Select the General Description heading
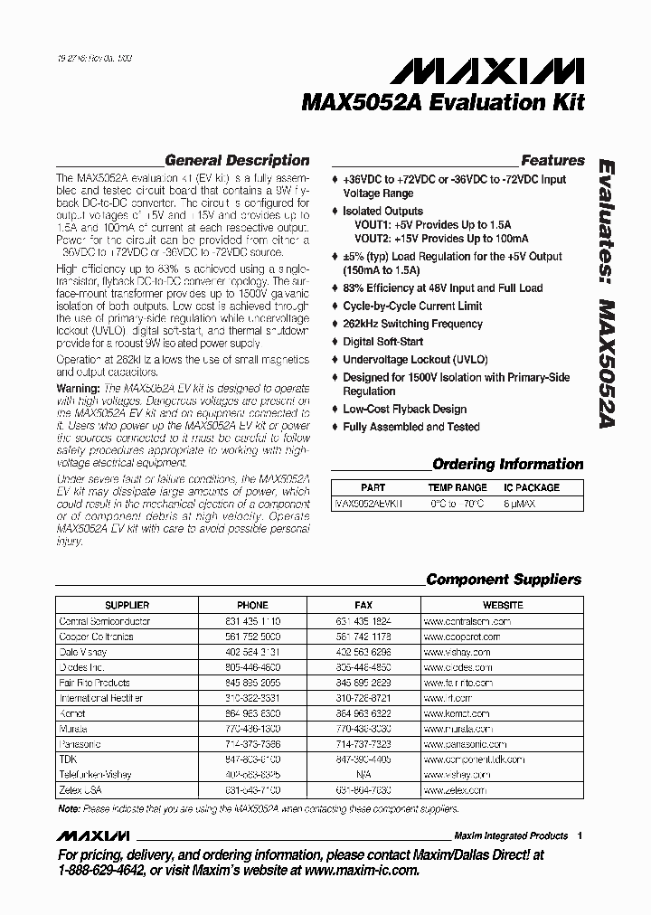click(x=237, y=160)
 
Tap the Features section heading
click(x=552, y=160)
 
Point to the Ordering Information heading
click(x=507, y=464)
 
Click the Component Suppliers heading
click(x=504, y=580)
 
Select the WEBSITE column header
click(x=503, y=605)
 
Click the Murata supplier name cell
click(x=73, y=728)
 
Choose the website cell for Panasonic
click(x=458, y=743)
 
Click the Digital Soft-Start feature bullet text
click(x=382, y=342)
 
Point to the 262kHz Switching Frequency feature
click(x=412, y=324)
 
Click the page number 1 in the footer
click(x=580, y=835)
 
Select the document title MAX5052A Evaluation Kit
click(x=442, y=103)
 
